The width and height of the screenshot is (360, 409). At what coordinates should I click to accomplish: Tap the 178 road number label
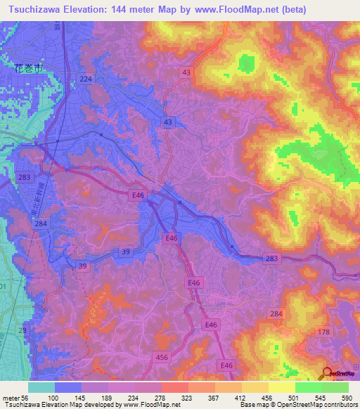click(324, 332)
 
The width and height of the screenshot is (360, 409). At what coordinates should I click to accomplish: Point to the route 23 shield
click(22, 330)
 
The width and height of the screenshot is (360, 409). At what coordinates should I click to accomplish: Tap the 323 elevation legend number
click(188, 397)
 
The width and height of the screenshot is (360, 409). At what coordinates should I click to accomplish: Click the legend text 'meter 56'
click(14, 397)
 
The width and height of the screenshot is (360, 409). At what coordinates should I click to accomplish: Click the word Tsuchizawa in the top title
click(36, 8)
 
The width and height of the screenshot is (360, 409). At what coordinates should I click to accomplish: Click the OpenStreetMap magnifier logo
click(325, 373)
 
